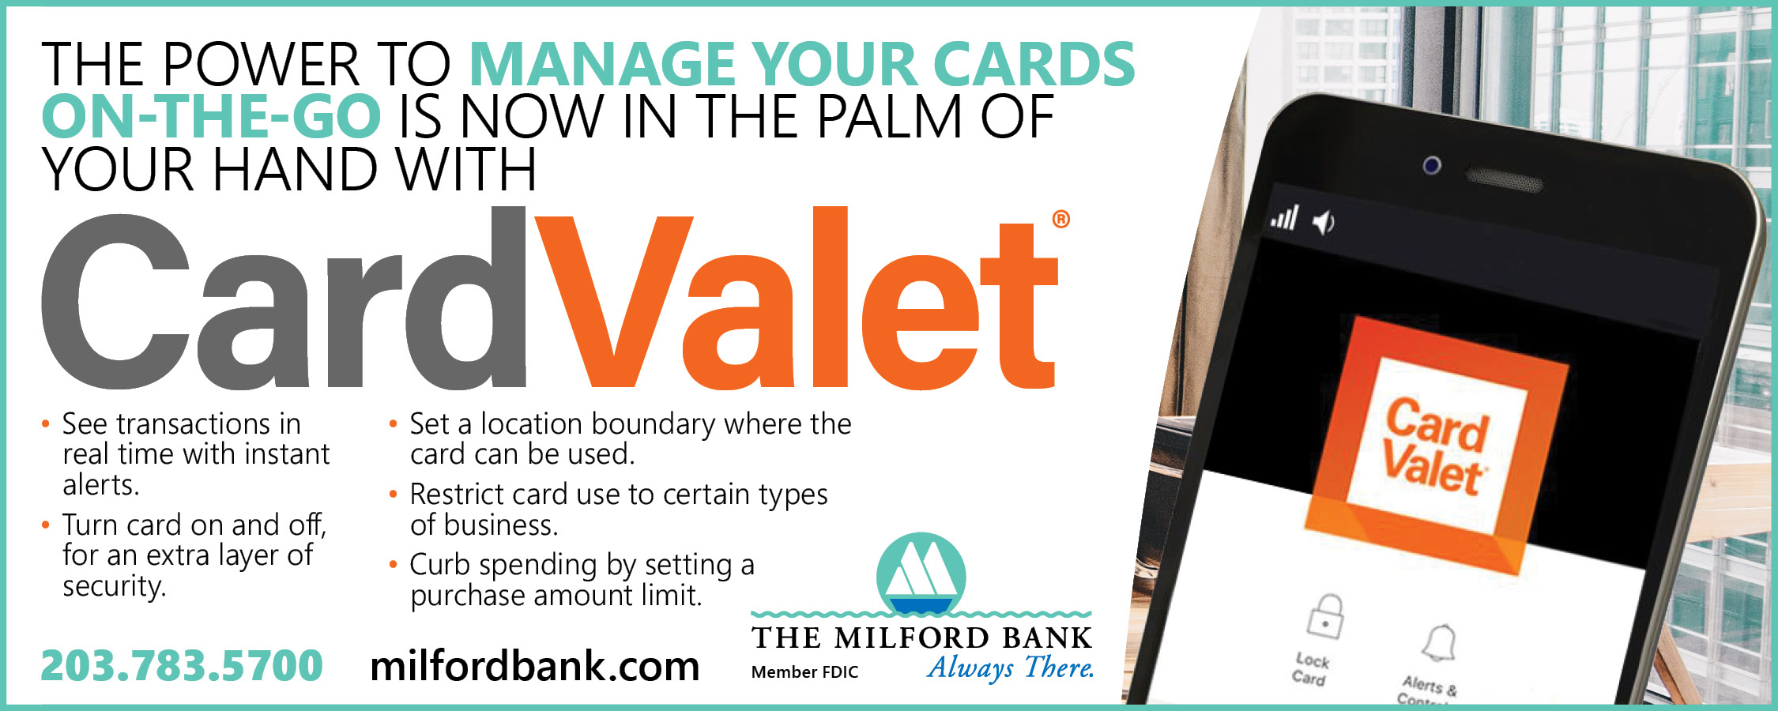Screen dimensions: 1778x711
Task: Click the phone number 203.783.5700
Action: tap(182, 665)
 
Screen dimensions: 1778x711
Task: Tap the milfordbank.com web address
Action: tap(535, 666)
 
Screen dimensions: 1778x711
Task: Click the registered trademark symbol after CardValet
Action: tap(1061, 219)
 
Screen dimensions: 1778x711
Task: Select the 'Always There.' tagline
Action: tap(1011, 668)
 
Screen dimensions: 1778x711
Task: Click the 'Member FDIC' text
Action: tap(804, 672)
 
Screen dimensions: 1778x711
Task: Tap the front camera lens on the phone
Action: tap(1432, 166)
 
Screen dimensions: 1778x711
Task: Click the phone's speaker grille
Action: tap(1504, 179)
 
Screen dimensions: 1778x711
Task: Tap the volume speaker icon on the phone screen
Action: tap(1324, 223)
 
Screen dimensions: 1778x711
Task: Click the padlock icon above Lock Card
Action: tap(1325, 617)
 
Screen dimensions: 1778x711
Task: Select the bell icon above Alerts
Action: tap(1440, 643)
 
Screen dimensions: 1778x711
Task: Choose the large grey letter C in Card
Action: tap(116, 302)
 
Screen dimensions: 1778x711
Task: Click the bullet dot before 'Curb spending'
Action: tap(393, 564)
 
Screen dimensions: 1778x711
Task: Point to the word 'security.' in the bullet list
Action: tap(115, 586)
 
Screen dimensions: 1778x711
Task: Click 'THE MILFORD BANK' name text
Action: tap(921, 638)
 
